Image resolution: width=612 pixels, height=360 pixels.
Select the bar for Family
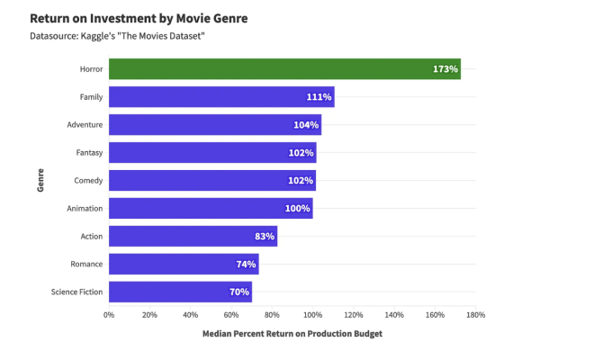(220, 96)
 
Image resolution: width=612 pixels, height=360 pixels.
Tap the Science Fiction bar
(180, 292)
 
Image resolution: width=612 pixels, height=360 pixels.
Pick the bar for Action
(193, 236)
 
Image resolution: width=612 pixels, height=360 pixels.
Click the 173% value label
(445, 68)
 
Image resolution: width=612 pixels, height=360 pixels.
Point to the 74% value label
(247, 264)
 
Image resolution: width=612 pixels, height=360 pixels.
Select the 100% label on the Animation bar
(298, 208)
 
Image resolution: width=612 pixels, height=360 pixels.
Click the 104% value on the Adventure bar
(306, 124)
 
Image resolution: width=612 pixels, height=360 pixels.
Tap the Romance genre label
(86, 264)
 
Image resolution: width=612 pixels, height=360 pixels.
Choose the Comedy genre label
(88, 180)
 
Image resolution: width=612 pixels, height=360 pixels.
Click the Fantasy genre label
(88, 152)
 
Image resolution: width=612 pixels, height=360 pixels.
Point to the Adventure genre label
(85, 124)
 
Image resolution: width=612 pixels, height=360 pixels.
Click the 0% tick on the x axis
(109, 315)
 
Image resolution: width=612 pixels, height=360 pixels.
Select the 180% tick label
(475, 315)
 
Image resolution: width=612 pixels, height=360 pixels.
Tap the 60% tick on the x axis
(231, 315)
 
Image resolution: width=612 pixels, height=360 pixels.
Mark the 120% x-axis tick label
(353, 315)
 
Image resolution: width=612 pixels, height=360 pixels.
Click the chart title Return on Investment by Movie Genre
(139, 18)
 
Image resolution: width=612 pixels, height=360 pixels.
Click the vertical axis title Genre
(40, 180)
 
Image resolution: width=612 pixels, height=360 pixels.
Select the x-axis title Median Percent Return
(292, 335)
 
